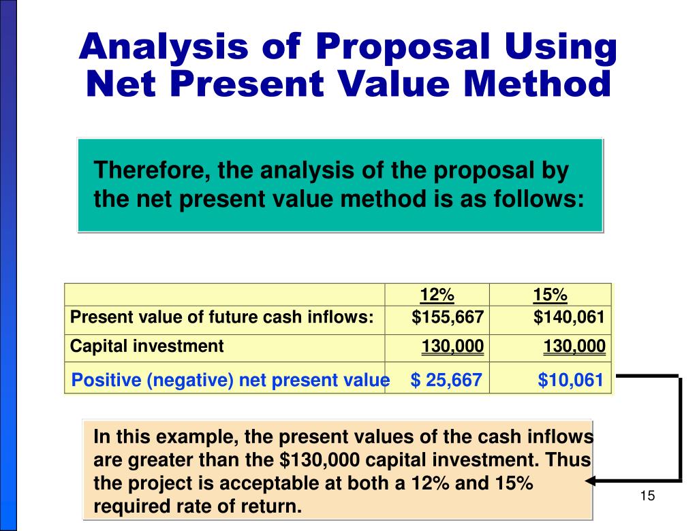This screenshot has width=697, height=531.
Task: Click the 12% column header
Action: (x=437, y=295)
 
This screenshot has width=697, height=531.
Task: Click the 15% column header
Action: (x=550, y=295)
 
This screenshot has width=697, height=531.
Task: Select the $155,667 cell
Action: (x=447, y=317)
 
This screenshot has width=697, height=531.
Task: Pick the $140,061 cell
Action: (x=570, y=317)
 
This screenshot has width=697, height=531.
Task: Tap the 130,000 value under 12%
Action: (x=452, y=347)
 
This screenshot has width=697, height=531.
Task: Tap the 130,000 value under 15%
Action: (x=574, y=347)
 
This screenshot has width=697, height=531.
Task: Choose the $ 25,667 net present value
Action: (x=446, y=380)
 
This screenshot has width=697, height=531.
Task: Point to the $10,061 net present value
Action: (x=570, y=380)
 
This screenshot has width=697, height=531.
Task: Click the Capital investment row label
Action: (x=146, y=346)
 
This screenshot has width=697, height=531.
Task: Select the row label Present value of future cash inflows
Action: (x=222, y=317)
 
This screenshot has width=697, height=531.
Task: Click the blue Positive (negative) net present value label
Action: (x=230, y=380)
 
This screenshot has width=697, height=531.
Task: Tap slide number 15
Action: (x=647, y=496)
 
